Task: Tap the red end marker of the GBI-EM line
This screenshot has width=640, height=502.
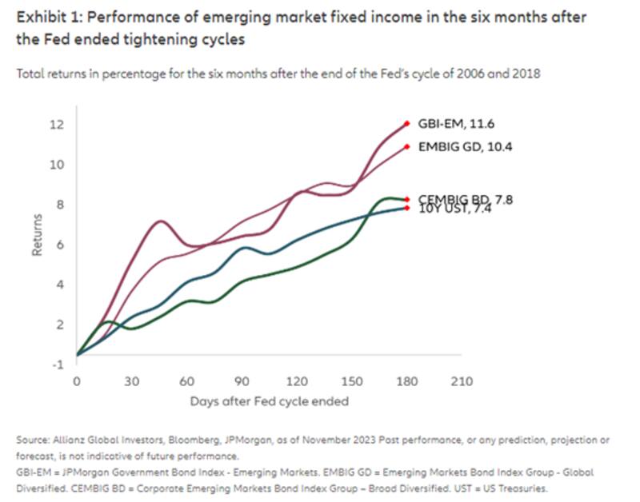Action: click(407, 124)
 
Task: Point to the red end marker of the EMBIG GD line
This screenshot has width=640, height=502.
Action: click(407, 146)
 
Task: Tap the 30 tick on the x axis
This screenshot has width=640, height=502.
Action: click(131, 381)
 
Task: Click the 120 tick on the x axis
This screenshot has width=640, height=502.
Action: click(297, 381)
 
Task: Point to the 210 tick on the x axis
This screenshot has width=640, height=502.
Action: click(462, 381)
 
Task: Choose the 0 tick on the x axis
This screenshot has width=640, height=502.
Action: click(77, 381)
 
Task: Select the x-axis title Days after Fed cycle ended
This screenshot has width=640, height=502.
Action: click(269, 400)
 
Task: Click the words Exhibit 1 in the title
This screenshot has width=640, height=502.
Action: click(45, 18)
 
